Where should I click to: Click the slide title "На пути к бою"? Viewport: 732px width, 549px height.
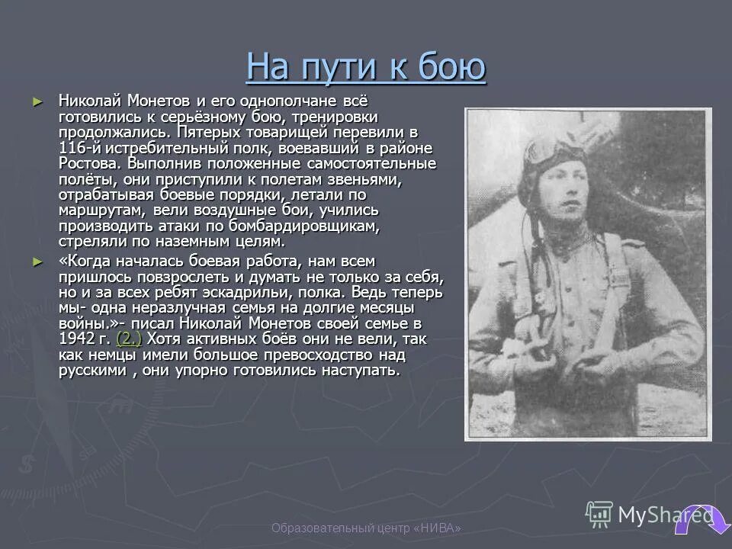pos(366,67)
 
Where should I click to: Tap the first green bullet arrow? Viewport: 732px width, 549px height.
pos(39,101)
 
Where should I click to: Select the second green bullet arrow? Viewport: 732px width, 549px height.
pos(39,261)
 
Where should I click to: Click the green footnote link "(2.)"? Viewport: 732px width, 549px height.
pos(128,339)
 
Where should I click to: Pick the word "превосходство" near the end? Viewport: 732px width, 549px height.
pos(317,355)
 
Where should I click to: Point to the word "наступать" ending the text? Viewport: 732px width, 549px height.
pos(360,371)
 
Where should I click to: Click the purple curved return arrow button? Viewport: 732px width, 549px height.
pos(694,522)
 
